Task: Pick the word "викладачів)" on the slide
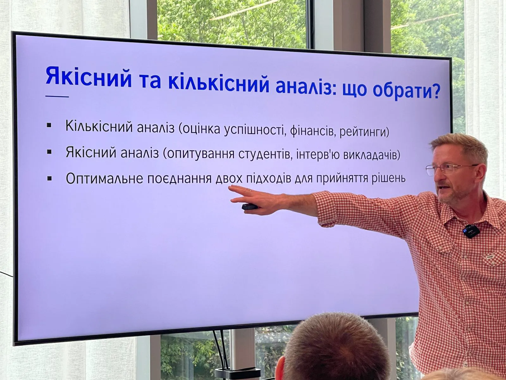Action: coord(372,155)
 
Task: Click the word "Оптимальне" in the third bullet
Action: coord(104,178)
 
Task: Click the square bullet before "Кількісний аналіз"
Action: coord(49,125)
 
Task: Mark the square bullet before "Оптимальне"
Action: coord(49,178)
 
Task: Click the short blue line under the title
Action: coord(57,96)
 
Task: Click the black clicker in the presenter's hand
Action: coord(250,206)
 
